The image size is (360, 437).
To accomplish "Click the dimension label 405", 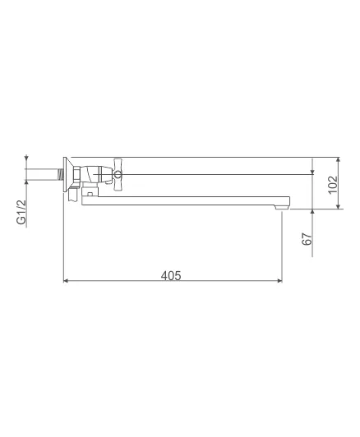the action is coord(171,276).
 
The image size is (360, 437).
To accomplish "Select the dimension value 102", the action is coord(333,185).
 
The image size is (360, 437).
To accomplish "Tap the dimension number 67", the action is coord(307,239).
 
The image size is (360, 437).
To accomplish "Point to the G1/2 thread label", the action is coord(21,212).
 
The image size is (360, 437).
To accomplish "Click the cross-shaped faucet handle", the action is coord(118,174).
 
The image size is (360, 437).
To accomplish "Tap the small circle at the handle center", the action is coord(118,175).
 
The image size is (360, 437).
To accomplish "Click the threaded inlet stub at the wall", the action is coord(60,174).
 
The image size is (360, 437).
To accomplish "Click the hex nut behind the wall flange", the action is coord(77,174).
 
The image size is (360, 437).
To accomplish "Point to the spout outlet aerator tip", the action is coord(282,207).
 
